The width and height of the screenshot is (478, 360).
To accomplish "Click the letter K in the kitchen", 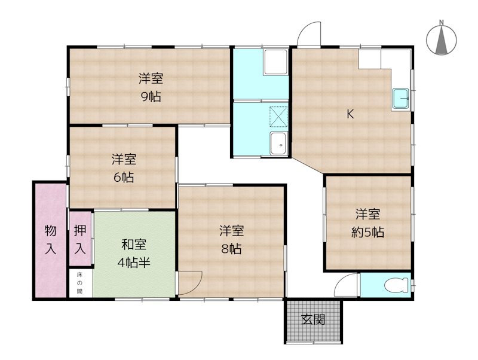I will click(351, 115).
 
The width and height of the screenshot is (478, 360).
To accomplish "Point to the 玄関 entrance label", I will click(313, 319).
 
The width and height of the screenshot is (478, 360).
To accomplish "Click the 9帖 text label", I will click(151, 97).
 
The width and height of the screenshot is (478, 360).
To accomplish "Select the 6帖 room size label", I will click(124, 177).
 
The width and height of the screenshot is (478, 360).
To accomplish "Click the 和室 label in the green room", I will click(133, 245).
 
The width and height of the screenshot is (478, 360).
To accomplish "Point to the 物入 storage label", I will click(50, 240).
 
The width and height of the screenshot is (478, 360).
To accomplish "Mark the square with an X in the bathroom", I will click(279, 116).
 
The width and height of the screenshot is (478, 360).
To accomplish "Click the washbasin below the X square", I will click(278, 144).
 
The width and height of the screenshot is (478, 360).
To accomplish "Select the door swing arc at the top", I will click(310, 34).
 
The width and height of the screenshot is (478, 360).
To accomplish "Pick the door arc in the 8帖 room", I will click(191, 282).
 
